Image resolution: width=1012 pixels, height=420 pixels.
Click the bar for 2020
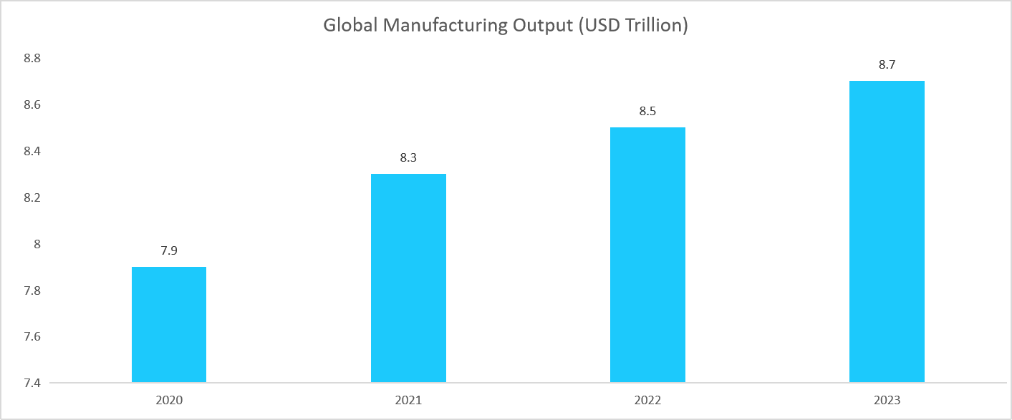click(169, 324)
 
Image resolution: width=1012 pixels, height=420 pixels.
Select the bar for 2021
click(408, 278)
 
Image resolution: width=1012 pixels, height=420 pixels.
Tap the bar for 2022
click(647, 255)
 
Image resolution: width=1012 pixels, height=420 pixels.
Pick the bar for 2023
click(887, 231)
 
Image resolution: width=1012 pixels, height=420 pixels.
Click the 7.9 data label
click(169, 251)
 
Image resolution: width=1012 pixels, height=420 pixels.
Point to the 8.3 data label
click(408, 158)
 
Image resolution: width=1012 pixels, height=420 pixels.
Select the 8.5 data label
click(647, 112)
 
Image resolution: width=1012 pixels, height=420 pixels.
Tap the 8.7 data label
click(887, 65)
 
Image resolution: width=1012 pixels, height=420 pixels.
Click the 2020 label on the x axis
click(169, 400)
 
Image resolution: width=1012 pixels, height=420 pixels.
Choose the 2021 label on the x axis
click(408, 400)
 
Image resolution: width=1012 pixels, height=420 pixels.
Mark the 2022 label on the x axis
click(647, 400)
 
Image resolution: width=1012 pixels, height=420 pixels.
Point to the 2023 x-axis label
click(887, 400)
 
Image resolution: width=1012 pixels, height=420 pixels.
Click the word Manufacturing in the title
click(448, 26)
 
